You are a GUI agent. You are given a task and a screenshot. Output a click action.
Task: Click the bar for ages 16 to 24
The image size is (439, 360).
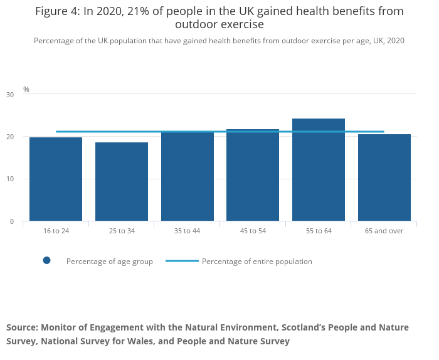coord(56,179)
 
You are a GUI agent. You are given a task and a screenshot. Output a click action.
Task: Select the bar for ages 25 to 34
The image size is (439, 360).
coord(122,181)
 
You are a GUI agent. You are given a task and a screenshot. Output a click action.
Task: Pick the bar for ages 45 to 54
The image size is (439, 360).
coord(253,175)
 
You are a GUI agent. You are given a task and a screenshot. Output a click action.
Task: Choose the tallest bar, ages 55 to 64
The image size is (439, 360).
coord(319,169)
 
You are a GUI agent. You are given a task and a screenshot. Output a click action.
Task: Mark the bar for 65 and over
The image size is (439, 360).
coord(384,177)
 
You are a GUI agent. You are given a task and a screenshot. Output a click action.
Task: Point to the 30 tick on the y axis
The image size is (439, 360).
coord(9,95)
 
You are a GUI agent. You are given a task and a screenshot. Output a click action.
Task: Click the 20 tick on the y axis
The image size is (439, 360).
coord(9,137)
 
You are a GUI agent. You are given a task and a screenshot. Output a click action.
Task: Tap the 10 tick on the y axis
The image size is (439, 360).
coord(9,179)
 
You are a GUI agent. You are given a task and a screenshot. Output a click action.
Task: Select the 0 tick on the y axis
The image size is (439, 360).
coord(11,221)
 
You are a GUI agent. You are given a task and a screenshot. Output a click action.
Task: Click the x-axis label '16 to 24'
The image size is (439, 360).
coord(56,231)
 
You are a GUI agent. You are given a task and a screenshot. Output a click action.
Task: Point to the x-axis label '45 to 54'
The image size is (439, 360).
coord(253,231)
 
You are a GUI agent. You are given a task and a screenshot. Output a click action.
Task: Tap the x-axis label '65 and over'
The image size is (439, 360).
coord(384,231)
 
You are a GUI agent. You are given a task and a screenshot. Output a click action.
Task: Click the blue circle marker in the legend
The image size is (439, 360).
coord(46,261)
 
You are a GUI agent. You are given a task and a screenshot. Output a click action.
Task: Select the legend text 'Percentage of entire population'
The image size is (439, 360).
coord(257,262)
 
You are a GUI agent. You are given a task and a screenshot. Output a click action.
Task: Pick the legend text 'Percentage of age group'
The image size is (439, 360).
coord(110,262)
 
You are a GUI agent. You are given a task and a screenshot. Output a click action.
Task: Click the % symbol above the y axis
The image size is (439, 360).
coord(26,90)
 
